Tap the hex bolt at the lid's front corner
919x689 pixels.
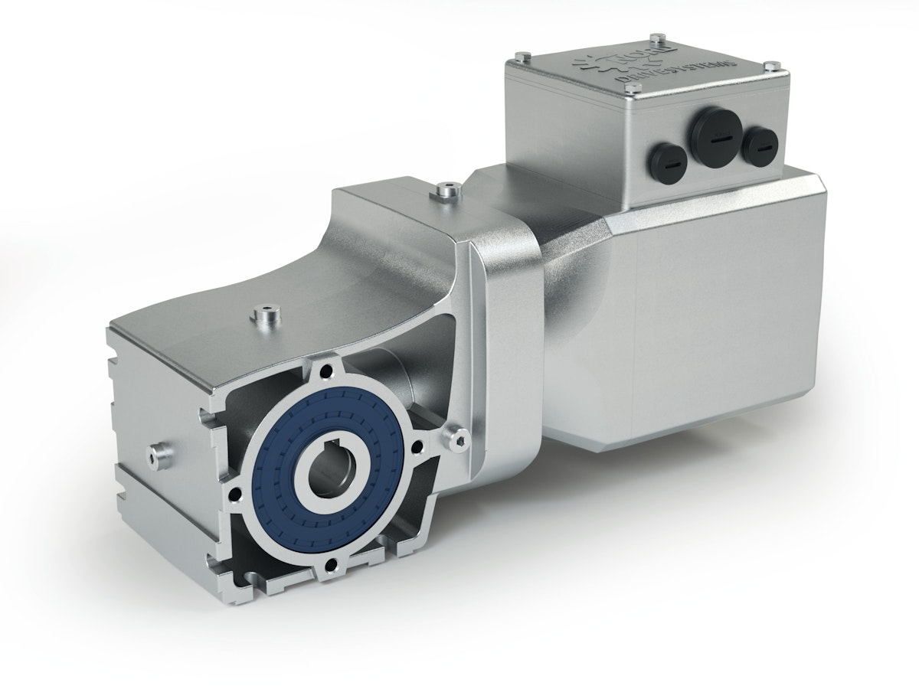pos(633,93)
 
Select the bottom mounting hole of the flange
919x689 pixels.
pos(331,567)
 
